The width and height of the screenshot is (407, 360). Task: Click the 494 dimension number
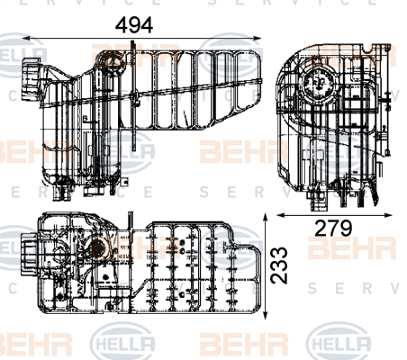[x=134, y=25]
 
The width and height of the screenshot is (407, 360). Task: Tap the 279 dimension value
[x=333, y=229]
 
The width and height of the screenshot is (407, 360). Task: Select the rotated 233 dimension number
[x=279, y=265]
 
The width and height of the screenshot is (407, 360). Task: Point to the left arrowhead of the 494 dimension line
[x=26, y=38]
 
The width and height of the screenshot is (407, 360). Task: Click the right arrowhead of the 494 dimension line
[x=258, y=38]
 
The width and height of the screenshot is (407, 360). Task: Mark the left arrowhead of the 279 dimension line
[x=281, y=215]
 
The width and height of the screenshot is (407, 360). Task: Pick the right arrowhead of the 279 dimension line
[x=388, y=215]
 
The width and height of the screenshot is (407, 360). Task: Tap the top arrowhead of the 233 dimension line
[x=265, y=218]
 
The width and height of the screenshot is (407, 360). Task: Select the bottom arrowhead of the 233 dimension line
[x=265, y=315]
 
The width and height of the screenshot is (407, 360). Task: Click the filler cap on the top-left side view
[x=31, y=79]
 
